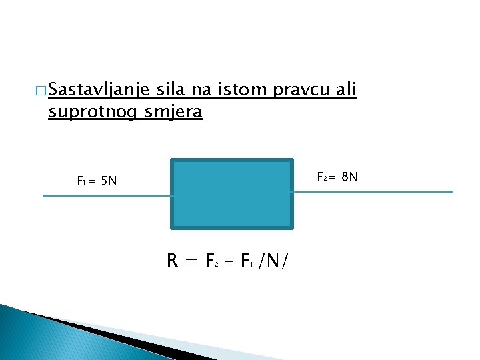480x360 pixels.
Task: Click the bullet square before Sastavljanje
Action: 42,90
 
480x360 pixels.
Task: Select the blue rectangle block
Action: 232,194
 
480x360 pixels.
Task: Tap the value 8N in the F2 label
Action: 349,177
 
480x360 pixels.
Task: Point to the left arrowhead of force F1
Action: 45,196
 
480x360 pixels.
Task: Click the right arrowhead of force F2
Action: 451,192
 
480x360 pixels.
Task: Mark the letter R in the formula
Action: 173,261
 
